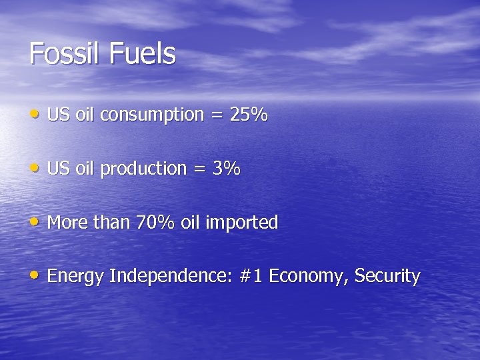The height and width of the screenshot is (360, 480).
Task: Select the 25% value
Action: (x=249, y=115)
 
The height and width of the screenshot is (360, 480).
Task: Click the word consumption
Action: (x=152, y=115)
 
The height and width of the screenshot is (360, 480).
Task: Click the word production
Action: (x=143, y=169)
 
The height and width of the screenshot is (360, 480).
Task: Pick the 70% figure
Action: (x=155, y=222)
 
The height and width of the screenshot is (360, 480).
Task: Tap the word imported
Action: (x=241, y=223)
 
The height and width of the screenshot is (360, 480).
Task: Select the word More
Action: (x=67, y=222)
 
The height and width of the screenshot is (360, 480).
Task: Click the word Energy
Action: (x=75, y=277)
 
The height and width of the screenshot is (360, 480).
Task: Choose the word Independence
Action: (x=170, y=276)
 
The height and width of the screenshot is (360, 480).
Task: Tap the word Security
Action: (x=387, y=277)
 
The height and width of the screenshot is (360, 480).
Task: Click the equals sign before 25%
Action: (x=217, y=116)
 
